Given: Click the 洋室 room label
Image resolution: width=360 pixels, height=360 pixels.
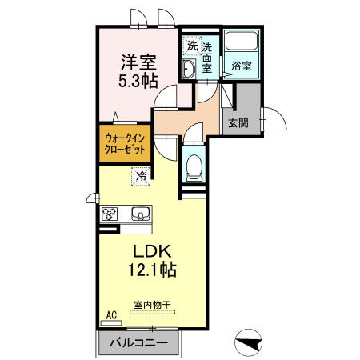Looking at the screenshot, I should tap(138, 61).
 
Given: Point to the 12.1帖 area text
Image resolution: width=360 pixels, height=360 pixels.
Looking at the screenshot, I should tap(150, 270).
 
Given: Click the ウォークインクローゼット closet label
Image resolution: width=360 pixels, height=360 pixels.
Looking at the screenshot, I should tap(125, 142).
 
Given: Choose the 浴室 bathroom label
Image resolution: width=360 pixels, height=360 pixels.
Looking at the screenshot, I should tap(242, 66).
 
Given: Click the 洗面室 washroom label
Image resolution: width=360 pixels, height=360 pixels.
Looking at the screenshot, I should tap(207, 58).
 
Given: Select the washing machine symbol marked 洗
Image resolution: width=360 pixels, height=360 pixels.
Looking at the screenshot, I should tap(191, 45).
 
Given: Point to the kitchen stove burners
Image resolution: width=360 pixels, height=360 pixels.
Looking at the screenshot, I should tap(110, 214).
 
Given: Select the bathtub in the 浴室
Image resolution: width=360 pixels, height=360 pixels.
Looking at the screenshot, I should tap(242, 43).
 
